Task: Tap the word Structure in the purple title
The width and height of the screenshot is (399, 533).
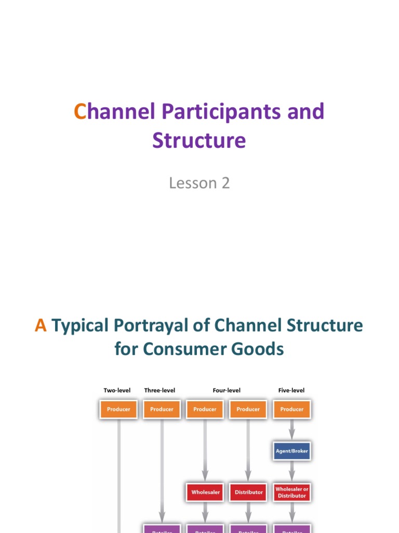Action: click(199, 141)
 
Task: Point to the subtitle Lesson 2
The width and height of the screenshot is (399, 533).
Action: click(199, 183)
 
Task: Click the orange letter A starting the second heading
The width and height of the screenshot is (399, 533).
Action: click(41, 325)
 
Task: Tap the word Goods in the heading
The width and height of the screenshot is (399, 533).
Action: click(258, 348)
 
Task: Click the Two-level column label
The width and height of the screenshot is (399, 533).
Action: click(117, 390)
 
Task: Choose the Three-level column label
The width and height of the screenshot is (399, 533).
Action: click(159, 390)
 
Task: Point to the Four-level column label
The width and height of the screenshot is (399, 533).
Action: click(227, 390)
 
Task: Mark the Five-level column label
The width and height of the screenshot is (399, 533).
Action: click(291, 390)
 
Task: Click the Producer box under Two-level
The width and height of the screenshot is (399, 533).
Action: click(118, 409)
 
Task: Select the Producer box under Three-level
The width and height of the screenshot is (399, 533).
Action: click(162, 409)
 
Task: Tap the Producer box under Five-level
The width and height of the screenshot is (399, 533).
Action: click(291, 409)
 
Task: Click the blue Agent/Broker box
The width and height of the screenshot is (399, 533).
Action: click(291, 451)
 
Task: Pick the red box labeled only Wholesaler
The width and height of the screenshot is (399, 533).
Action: click(205, 492)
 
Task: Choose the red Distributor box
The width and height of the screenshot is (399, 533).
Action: click(248, 492)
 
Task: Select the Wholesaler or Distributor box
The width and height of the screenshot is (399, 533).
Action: click(291, 492)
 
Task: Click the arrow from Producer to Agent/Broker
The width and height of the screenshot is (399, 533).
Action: click(291, 430)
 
